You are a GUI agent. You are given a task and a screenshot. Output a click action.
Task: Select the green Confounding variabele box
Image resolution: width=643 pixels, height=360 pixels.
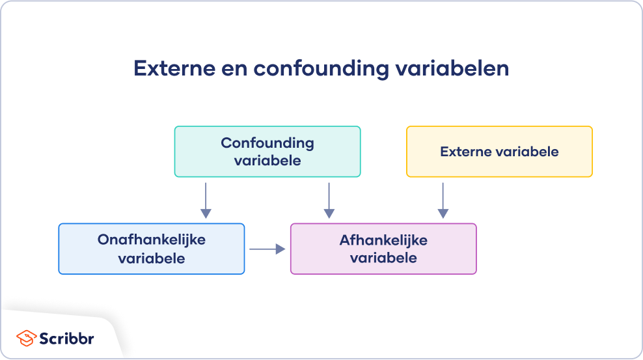tap(267, 152)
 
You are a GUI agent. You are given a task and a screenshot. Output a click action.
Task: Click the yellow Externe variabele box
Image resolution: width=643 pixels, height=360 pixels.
tap(499, 152)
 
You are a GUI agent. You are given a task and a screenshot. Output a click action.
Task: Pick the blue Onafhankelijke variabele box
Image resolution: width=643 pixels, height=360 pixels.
tap(151, 249)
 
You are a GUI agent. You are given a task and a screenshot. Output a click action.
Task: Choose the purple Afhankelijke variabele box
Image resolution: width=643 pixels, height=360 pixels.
tap(383, 249)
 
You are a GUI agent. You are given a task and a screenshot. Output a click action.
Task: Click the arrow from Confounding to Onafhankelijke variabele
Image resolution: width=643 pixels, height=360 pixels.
tap(206, 200)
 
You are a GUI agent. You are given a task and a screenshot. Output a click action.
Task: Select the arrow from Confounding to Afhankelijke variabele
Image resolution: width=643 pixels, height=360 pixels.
tap(329, 200)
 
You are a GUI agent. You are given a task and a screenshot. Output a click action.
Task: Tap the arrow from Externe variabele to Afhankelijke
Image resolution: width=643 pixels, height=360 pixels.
tap(443, 200)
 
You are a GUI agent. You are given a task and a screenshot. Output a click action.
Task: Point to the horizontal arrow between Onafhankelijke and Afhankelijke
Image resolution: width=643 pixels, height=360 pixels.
tap(267, 249)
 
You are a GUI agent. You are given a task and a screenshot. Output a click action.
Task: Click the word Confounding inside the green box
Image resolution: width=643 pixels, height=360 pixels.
tap(267, 143)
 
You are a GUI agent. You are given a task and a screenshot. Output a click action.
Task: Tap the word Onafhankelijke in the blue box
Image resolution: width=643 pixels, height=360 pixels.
tap(151, 240)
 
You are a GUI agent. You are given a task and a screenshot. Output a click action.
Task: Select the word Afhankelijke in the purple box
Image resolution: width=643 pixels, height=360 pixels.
tap(383, 240)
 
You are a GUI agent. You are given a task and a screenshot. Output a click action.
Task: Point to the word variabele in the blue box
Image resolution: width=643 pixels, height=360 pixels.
tap(151, 258)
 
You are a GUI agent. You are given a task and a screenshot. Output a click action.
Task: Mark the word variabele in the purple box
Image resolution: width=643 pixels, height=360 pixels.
tap(383, 258)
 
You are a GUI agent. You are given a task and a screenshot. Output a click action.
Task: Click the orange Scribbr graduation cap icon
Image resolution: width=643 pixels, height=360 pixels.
tap(26, 339)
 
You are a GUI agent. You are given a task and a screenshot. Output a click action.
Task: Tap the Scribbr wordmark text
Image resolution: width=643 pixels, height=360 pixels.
tap(68, 339)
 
